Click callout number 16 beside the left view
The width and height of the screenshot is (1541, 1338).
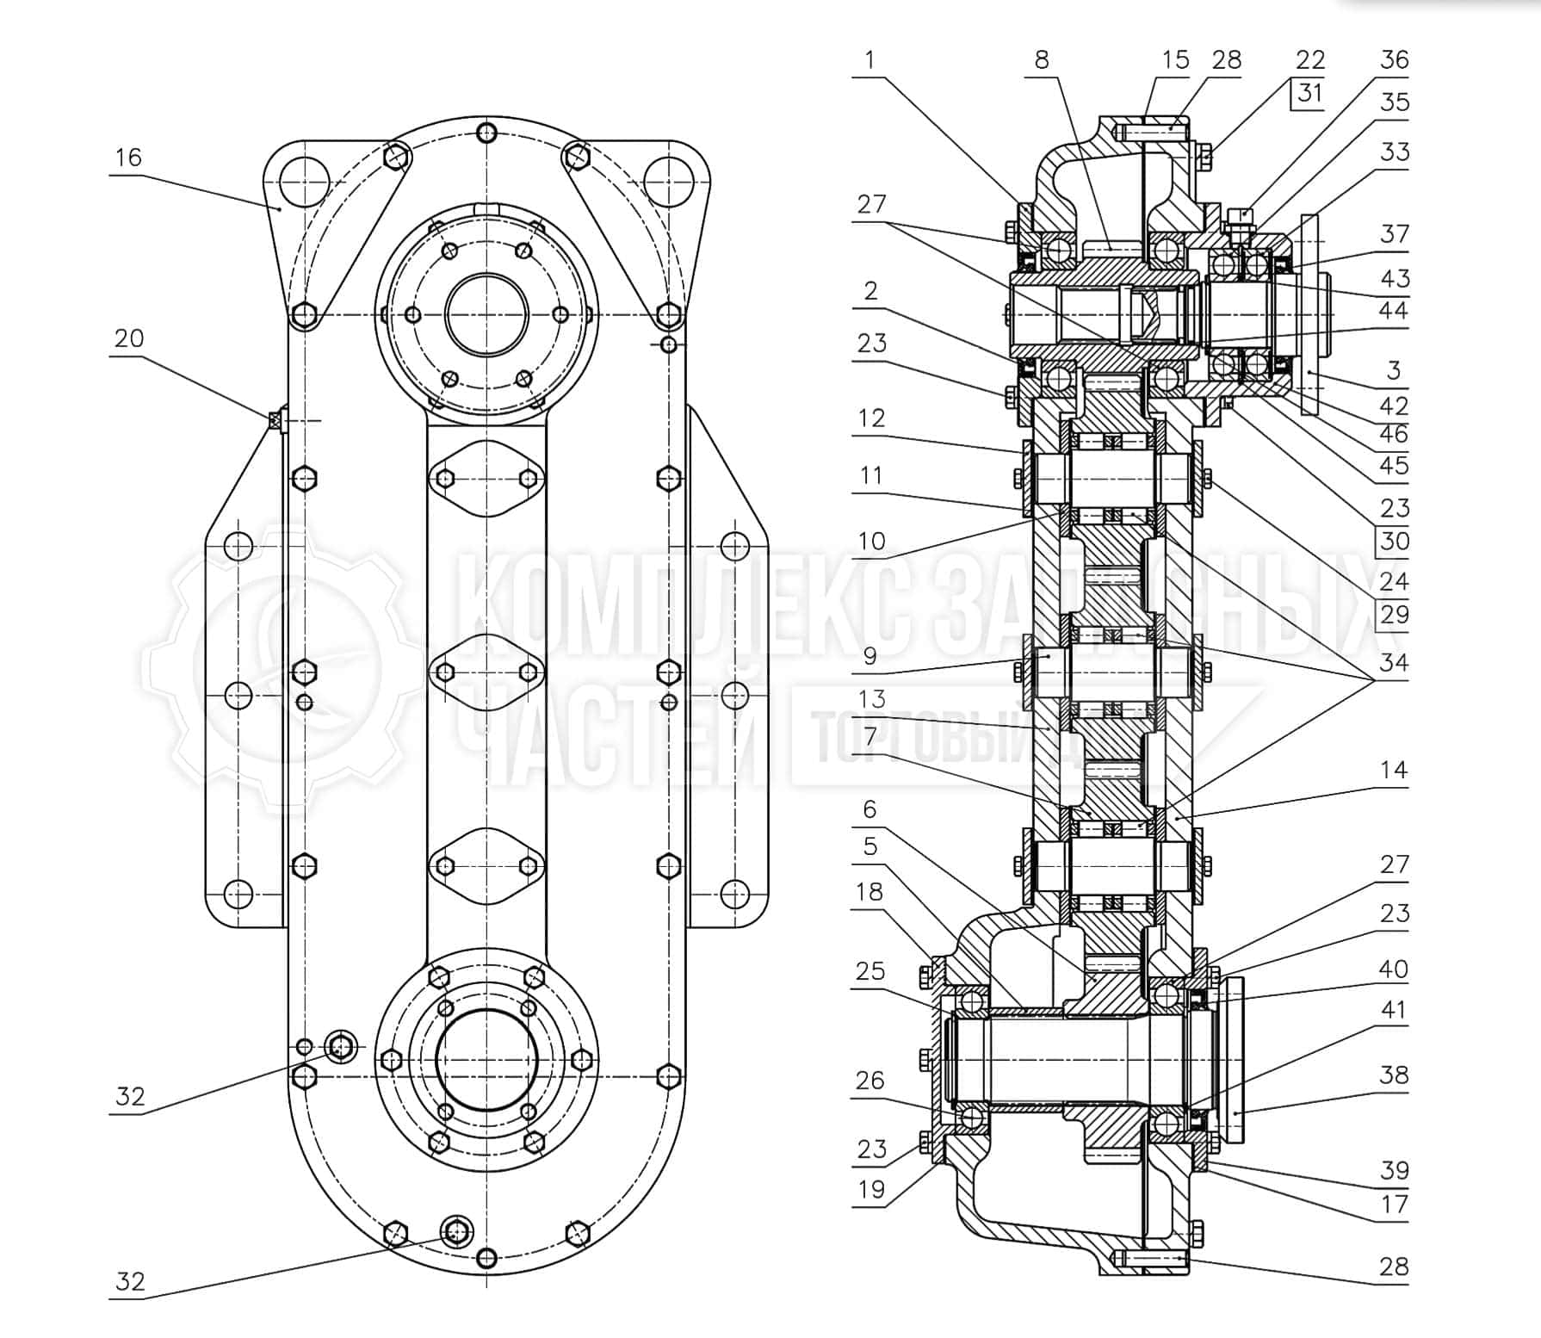[128, 158]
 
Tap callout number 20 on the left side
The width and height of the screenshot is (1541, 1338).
[128, 338]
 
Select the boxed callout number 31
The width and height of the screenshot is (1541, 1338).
[1309, 92]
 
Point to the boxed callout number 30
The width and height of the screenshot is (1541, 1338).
[1394, 541]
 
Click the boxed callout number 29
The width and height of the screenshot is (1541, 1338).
[1394, 614]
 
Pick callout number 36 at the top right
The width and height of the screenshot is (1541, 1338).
[1394, 59]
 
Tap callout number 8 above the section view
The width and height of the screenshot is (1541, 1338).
[1042, 59]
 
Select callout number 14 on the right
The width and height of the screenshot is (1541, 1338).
[1394, 769]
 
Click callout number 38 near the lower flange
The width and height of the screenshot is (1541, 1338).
[1394, 1075]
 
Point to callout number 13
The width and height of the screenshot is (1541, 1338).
[872, 698]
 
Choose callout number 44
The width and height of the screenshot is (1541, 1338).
[1394, 310]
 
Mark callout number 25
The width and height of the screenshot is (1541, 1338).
[870, 970]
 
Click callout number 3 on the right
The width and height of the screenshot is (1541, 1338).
[1394, 370]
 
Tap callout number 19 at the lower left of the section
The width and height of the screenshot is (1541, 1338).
[871, 1189]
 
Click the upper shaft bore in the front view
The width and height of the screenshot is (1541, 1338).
[486, 313]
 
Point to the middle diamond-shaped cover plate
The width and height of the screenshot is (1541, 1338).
[486, 672]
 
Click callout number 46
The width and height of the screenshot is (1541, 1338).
[1394, 433]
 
